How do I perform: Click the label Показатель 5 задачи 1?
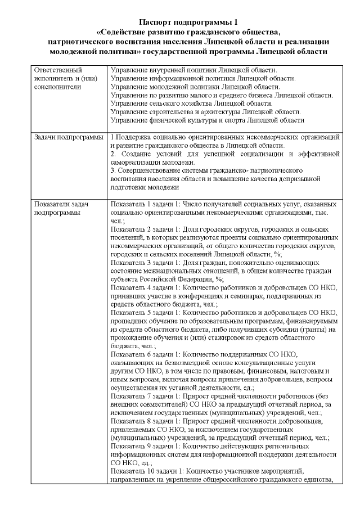146,312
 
